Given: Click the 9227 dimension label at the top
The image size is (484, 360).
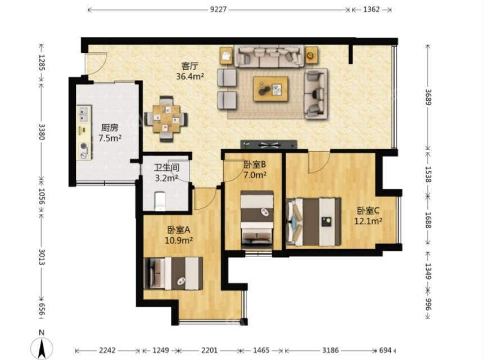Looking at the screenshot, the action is [x=218, y=9].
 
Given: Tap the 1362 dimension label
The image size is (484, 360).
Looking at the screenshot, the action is [x=372, y=9].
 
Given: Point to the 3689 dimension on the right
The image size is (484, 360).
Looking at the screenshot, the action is [x=428, y=97].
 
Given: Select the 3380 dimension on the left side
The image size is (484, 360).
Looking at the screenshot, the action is [x=42, y=132].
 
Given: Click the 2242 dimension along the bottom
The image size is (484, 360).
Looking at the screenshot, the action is [x=107, y=350].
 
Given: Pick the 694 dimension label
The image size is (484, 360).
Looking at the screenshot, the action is [x=385, y=350].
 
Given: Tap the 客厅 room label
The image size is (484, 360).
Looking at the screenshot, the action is [x=190, y=66].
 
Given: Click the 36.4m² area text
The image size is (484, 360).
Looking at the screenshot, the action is [x=190, y=76].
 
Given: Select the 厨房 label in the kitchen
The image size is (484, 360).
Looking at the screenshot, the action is [x=110, y=128].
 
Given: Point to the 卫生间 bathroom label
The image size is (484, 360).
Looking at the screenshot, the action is [x=167, y=168].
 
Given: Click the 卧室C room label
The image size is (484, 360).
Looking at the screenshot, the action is [x=368, y=211].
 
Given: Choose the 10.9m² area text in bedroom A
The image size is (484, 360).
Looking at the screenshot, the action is [x=179, y=240].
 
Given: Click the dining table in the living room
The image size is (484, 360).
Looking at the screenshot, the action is [x=167, y=119].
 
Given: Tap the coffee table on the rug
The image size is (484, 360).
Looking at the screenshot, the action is [x=271, y=89].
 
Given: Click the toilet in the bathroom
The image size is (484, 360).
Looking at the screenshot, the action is [x=160, y=201].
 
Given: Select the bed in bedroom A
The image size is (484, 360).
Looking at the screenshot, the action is [x=174, y=273].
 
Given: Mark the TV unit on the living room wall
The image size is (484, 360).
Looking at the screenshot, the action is [x=269, y=144].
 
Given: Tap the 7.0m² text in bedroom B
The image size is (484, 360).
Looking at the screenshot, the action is [x=255, y=175].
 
